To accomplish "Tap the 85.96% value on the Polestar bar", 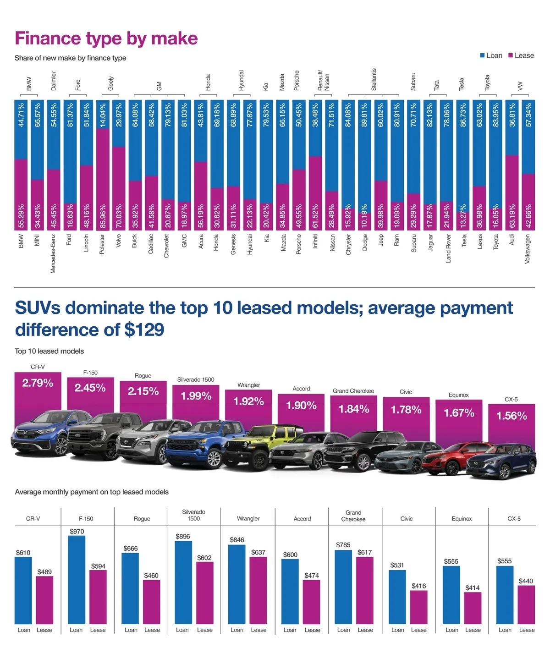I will coord(103,216).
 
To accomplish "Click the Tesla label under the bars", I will coord(464,241).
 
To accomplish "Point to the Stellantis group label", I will coord(374,79).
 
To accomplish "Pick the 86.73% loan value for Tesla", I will coord(463,115).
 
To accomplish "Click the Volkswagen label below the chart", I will coord(528,249).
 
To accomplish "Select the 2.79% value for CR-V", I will coord(38,383).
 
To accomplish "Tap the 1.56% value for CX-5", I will coord(511,416).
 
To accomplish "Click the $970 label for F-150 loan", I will coord(77,532).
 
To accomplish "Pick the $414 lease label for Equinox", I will coord(472,588).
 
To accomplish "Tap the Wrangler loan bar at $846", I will coord(236,584).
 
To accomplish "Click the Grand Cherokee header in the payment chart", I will coord(353,516).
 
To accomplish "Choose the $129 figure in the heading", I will coord(144,329).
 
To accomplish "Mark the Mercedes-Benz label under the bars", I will coord(53,254).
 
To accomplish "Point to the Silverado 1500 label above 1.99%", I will coord(196,379).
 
